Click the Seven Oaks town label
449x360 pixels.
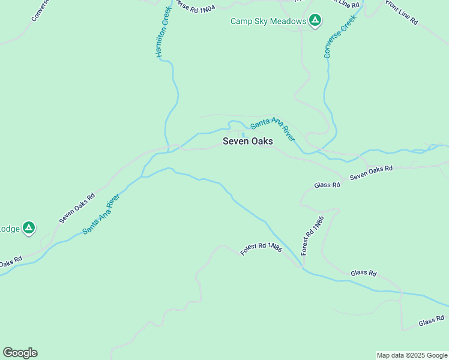pyautogui.click(x=247, y=142)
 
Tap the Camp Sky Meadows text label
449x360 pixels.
pyautogui.click(x=268, y=22)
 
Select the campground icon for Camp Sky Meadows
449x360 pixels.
pyautogui.click(x=315, y=21)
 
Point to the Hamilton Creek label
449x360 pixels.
pyautogui.click(x=164, y=32)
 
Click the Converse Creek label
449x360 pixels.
pyautogui.click(x=340, y=36)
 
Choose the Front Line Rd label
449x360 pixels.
pyautogui.click(x=402, y=12)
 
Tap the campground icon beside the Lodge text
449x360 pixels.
pyautogui.click(x=28, y=228)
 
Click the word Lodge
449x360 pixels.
pyautogui.click(x=9, y=229)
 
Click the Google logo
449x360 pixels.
pyautogui.click(x=20, y=353)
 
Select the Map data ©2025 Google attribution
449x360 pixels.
pyautogui.click(x=412, y=355)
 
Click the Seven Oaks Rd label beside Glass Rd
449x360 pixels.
pyautogui.click(x=371, y=173)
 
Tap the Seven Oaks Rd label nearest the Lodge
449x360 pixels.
pyautogui.click(x=77, y=208)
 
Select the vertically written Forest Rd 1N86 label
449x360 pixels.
pyautogui.click(x=313, y=235)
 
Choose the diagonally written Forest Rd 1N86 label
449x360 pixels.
pyautogui.click(x=261, y=249)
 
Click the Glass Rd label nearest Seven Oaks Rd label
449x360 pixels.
pyautogui.click(x=328, y=185)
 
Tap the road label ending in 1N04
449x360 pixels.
pyautogui.click(x=194, y=8)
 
